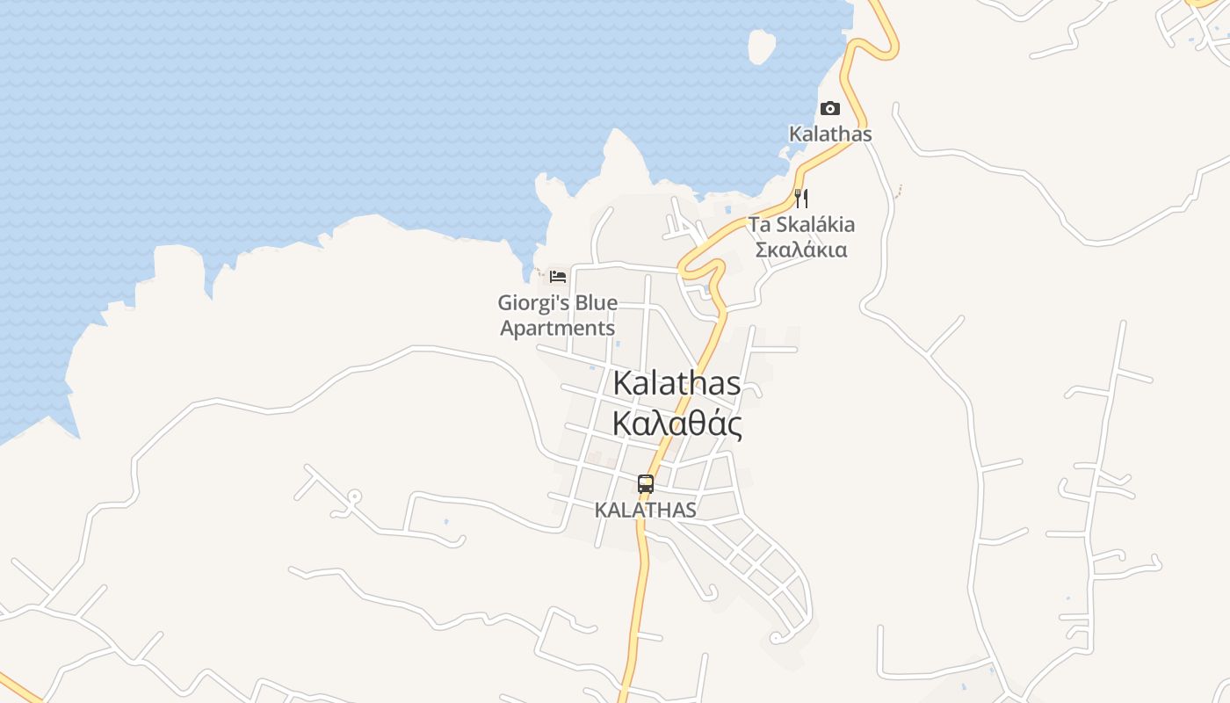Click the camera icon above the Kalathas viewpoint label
click(x=829, y=108)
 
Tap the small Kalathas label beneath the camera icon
click(x=830, y=134)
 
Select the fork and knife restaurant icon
click(x=800, y=198)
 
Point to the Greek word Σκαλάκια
click(x=801, y=250)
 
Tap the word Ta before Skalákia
click(x=759, y=224)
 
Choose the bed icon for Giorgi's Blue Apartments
click(x=558, y=276)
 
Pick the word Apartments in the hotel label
click(x=558, y=329)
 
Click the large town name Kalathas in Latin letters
click(x=676, y=383)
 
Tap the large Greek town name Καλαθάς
click(x=676, y=424)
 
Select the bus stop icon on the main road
click(x=646, y=483)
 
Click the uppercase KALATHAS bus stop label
click(x=646, y=510)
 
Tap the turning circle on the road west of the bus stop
click(x=353, y=496)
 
